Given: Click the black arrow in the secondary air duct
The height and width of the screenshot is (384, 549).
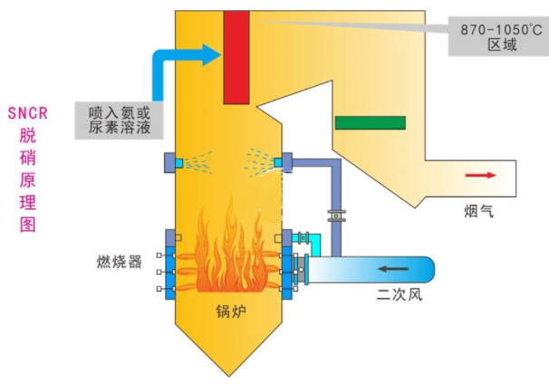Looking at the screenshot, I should [394, 268].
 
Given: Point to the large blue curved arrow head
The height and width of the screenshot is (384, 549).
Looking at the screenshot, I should [210, 55].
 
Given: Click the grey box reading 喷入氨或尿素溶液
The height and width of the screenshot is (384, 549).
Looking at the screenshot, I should [119, 120].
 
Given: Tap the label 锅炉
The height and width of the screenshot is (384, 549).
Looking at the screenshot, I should [231, 312].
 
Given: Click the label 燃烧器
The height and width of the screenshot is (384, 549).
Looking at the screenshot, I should [120, 263].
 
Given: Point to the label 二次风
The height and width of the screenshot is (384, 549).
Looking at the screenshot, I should [400, 295].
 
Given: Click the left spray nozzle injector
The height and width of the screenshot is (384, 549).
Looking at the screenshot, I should [176, 162].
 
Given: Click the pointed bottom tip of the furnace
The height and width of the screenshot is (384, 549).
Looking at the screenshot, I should [231, 372].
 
